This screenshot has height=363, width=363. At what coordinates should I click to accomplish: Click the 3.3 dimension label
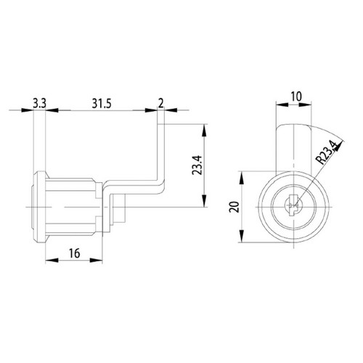click(39, 104)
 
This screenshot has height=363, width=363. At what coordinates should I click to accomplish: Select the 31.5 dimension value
click(102, 104)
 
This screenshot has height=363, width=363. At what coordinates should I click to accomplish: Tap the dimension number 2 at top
click(161, 103)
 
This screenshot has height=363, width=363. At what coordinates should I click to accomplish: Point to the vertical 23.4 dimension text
click(197, 166)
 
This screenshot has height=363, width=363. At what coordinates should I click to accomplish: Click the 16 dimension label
click(74, 253)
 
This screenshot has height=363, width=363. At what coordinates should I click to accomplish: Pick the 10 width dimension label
click(296, 97)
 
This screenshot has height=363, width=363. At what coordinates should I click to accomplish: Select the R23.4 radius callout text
click(327, 153)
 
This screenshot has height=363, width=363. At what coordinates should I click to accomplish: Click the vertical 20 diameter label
click(234, 207)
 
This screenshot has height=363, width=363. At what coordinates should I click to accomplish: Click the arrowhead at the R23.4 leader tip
click(339, 147)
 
